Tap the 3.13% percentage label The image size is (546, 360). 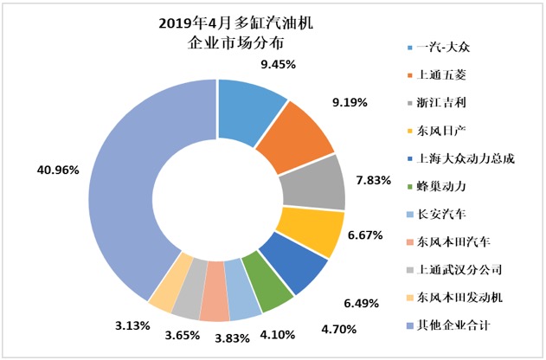[137, 325]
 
